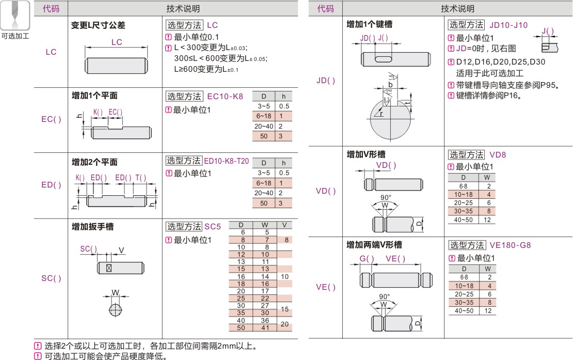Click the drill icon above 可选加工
(14, 15)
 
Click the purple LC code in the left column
(51, 52)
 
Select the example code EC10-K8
(225, 97)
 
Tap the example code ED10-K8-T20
(226, 161)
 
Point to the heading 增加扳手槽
(93, 227)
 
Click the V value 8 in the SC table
(286, 240)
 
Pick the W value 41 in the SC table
(265, 328)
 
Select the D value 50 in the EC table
(264, 136)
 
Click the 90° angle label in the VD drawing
(386, 197)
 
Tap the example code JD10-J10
(508, 25)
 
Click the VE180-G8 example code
(510, 245)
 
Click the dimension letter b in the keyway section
(390, 84)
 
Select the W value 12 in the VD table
(487, 220)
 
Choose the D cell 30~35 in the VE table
(464, 303)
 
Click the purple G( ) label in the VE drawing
(367, 259)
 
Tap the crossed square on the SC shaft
(108, 268)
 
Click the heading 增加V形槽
(366, 154)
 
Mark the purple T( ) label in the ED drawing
(141, 178)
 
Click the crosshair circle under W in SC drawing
(116, 310)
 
